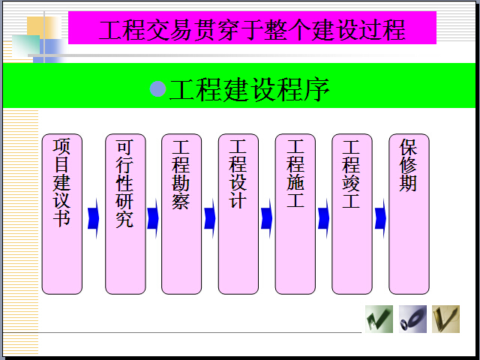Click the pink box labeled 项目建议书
tap(61, 214)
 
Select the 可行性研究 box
tap(125, 214)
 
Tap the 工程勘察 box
tap(181, 214)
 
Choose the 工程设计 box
tap(238, 214)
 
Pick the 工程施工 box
tap(295, 214)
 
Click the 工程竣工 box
tap(352, 214)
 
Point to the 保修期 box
tap(409, 214)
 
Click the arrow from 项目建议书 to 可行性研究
tap(93, 218)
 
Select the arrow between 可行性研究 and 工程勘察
tap(153, 218)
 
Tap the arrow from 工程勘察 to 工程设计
tap(210, 218)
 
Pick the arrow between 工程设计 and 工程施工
tap(267, 218)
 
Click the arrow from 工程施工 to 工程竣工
tap(323, 218)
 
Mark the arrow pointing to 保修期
tap(380, 218)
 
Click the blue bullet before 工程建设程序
tap(158, 88)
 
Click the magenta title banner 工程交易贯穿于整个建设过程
tap(252, 28)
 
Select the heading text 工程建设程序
tap(250, 89)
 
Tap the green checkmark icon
tap(379, 319)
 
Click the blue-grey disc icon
tap(412, 319)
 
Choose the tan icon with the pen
tap(445, 319)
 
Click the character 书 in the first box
tap(61, 217)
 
